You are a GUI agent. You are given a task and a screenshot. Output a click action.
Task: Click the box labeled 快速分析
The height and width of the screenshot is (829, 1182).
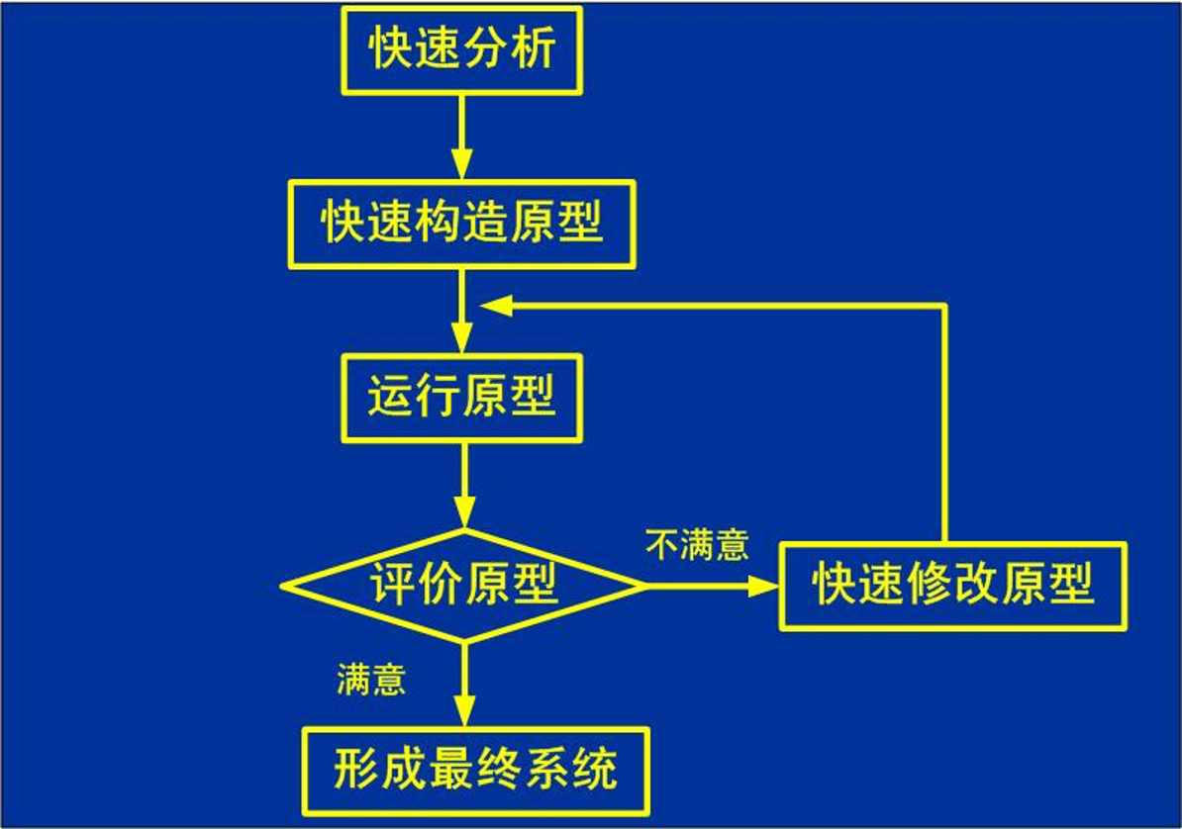click(462, 50)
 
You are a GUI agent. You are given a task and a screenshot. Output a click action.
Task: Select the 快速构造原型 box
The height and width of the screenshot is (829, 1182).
click(462, 225)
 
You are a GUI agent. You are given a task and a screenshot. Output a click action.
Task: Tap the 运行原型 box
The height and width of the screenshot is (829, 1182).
click(462, 398)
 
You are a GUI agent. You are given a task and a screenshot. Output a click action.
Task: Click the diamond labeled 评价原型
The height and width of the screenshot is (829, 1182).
click(462, 586)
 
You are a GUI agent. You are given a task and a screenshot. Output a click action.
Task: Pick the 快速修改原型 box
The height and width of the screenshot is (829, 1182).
click(952, 585)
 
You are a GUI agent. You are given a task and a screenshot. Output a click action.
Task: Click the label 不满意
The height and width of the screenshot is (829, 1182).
click(697, 545)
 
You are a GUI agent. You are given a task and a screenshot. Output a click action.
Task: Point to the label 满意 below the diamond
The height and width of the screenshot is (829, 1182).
click(371, 681)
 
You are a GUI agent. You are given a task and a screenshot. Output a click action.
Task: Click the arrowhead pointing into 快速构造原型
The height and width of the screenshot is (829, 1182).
click(462, 166)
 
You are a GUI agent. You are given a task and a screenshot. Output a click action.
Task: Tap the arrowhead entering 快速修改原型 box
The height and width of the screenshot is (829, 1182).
click(763, 586)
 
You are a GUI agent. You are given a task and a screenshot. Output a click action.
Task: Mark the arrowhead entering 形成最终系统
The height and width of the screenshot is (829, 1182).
click(462, 712)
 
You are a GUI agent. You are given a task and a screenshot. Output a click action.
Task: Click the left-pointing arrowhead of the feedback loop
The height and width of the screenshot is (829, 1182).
click(495, 307)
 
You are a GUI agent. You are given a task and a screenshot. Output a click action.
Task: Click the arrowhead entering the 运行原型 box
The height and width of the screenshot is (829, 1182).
click(462, 339)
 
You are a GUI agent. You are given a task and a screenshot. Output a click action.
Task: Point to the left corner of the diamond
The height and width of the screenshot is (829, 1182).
click(285, 586)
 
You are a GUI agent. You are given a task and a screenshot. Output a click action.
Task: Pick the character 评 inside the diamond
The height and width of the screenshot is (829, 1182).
click(393, 586)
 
